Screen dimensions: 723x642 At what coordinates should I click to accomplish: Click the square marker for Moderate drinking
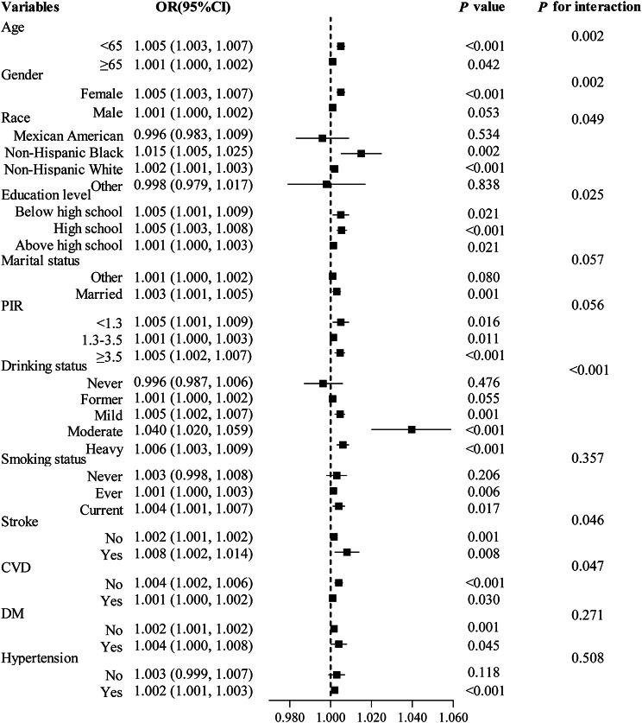[x=412, y=429]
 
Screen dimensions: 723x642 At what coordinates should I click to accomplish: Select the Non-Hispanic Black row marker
[x=361, y=153]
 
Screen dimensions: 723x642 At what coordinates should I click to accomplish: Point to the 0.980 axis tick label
[x=289, y=716]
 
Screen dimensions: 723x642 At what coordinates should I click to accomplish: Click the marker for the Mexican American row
[x=322, y=138]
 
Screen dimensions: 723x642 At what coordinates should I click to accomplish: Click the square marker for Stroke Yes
[x=347, y=552]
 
